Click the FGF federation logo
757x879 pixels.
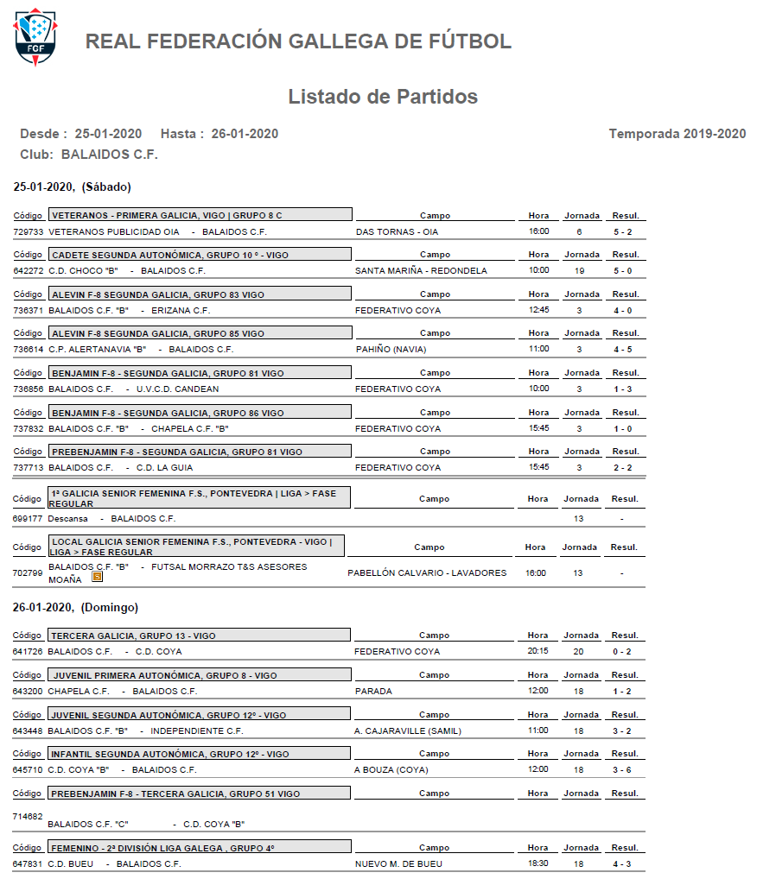click(35, 39)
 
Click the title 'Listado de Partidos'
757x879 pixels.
click(383, 97)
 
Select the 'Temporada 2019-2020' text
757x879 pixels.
click(677, 134)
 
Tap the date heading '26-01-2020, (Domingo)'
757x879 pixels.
click(76, 608)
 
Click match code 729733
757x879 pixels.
click(29, 232)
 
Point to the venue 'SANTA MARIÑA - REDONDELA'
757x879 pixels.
click(421, 271)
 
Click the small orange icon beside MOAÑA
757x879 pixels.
click(98, 579)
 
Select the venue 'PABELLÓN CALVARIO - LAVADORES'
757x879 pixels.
click(427, 573)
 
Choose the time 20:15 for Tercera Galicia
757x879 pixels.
click(538, 652)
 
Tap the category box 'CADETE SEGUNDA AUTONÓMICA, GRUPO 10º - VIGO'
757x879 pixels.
click(200, 255)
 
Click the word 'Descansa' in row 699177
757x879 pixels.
click(68, 519)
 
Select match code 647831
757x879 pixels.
click(29, 864)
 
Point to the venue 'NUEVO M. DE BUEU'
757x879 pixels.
click(398, 864)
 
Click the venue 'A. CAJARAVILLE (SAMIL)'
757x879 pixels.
click(408, 731)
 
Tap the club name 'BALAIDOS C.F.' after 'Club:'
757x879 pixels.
click(110, 155)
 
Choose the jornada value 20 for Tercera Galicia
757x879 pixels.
click(579, 652)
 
